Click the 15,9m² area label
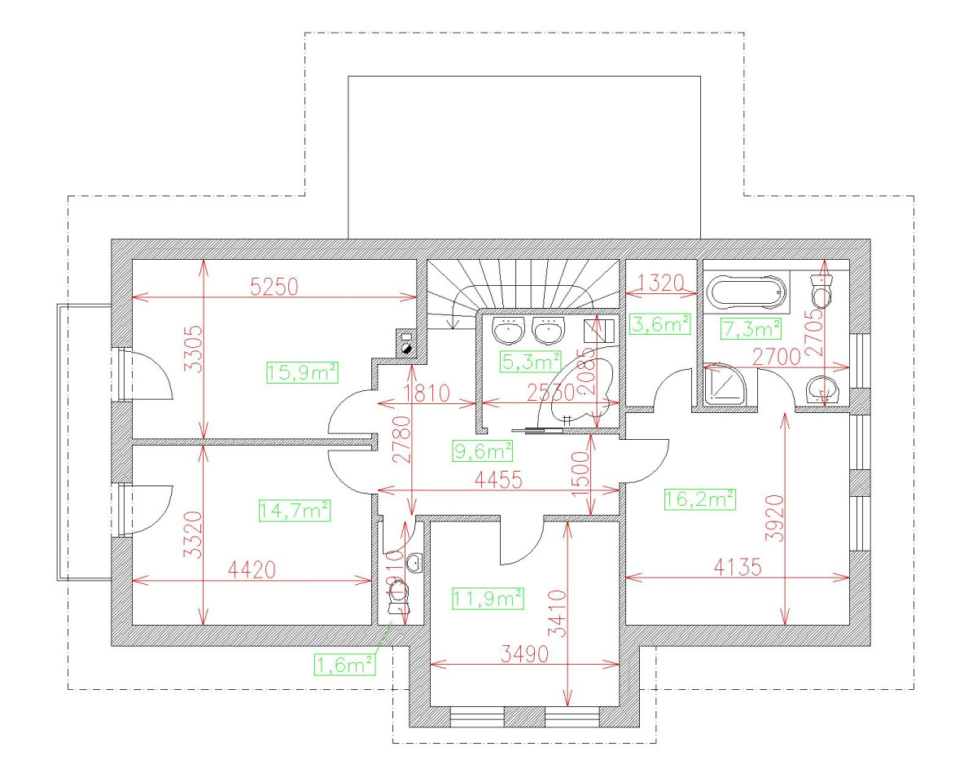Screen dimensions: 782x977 (302, 372)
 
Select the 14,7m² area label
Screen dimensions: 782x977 (294, 511)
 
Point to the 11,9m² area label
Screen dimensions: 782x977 (487, 600)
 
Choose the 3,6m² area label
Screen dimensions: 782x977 (660, 323)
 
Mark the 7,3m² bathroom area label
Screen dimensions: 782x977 (751, 329)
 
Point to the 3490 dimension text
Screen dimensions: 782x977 (524, 654)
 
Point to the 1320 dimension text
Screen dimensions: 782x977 (659, 283)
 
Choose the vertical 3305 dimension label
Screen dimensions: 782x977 (192, 349)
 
